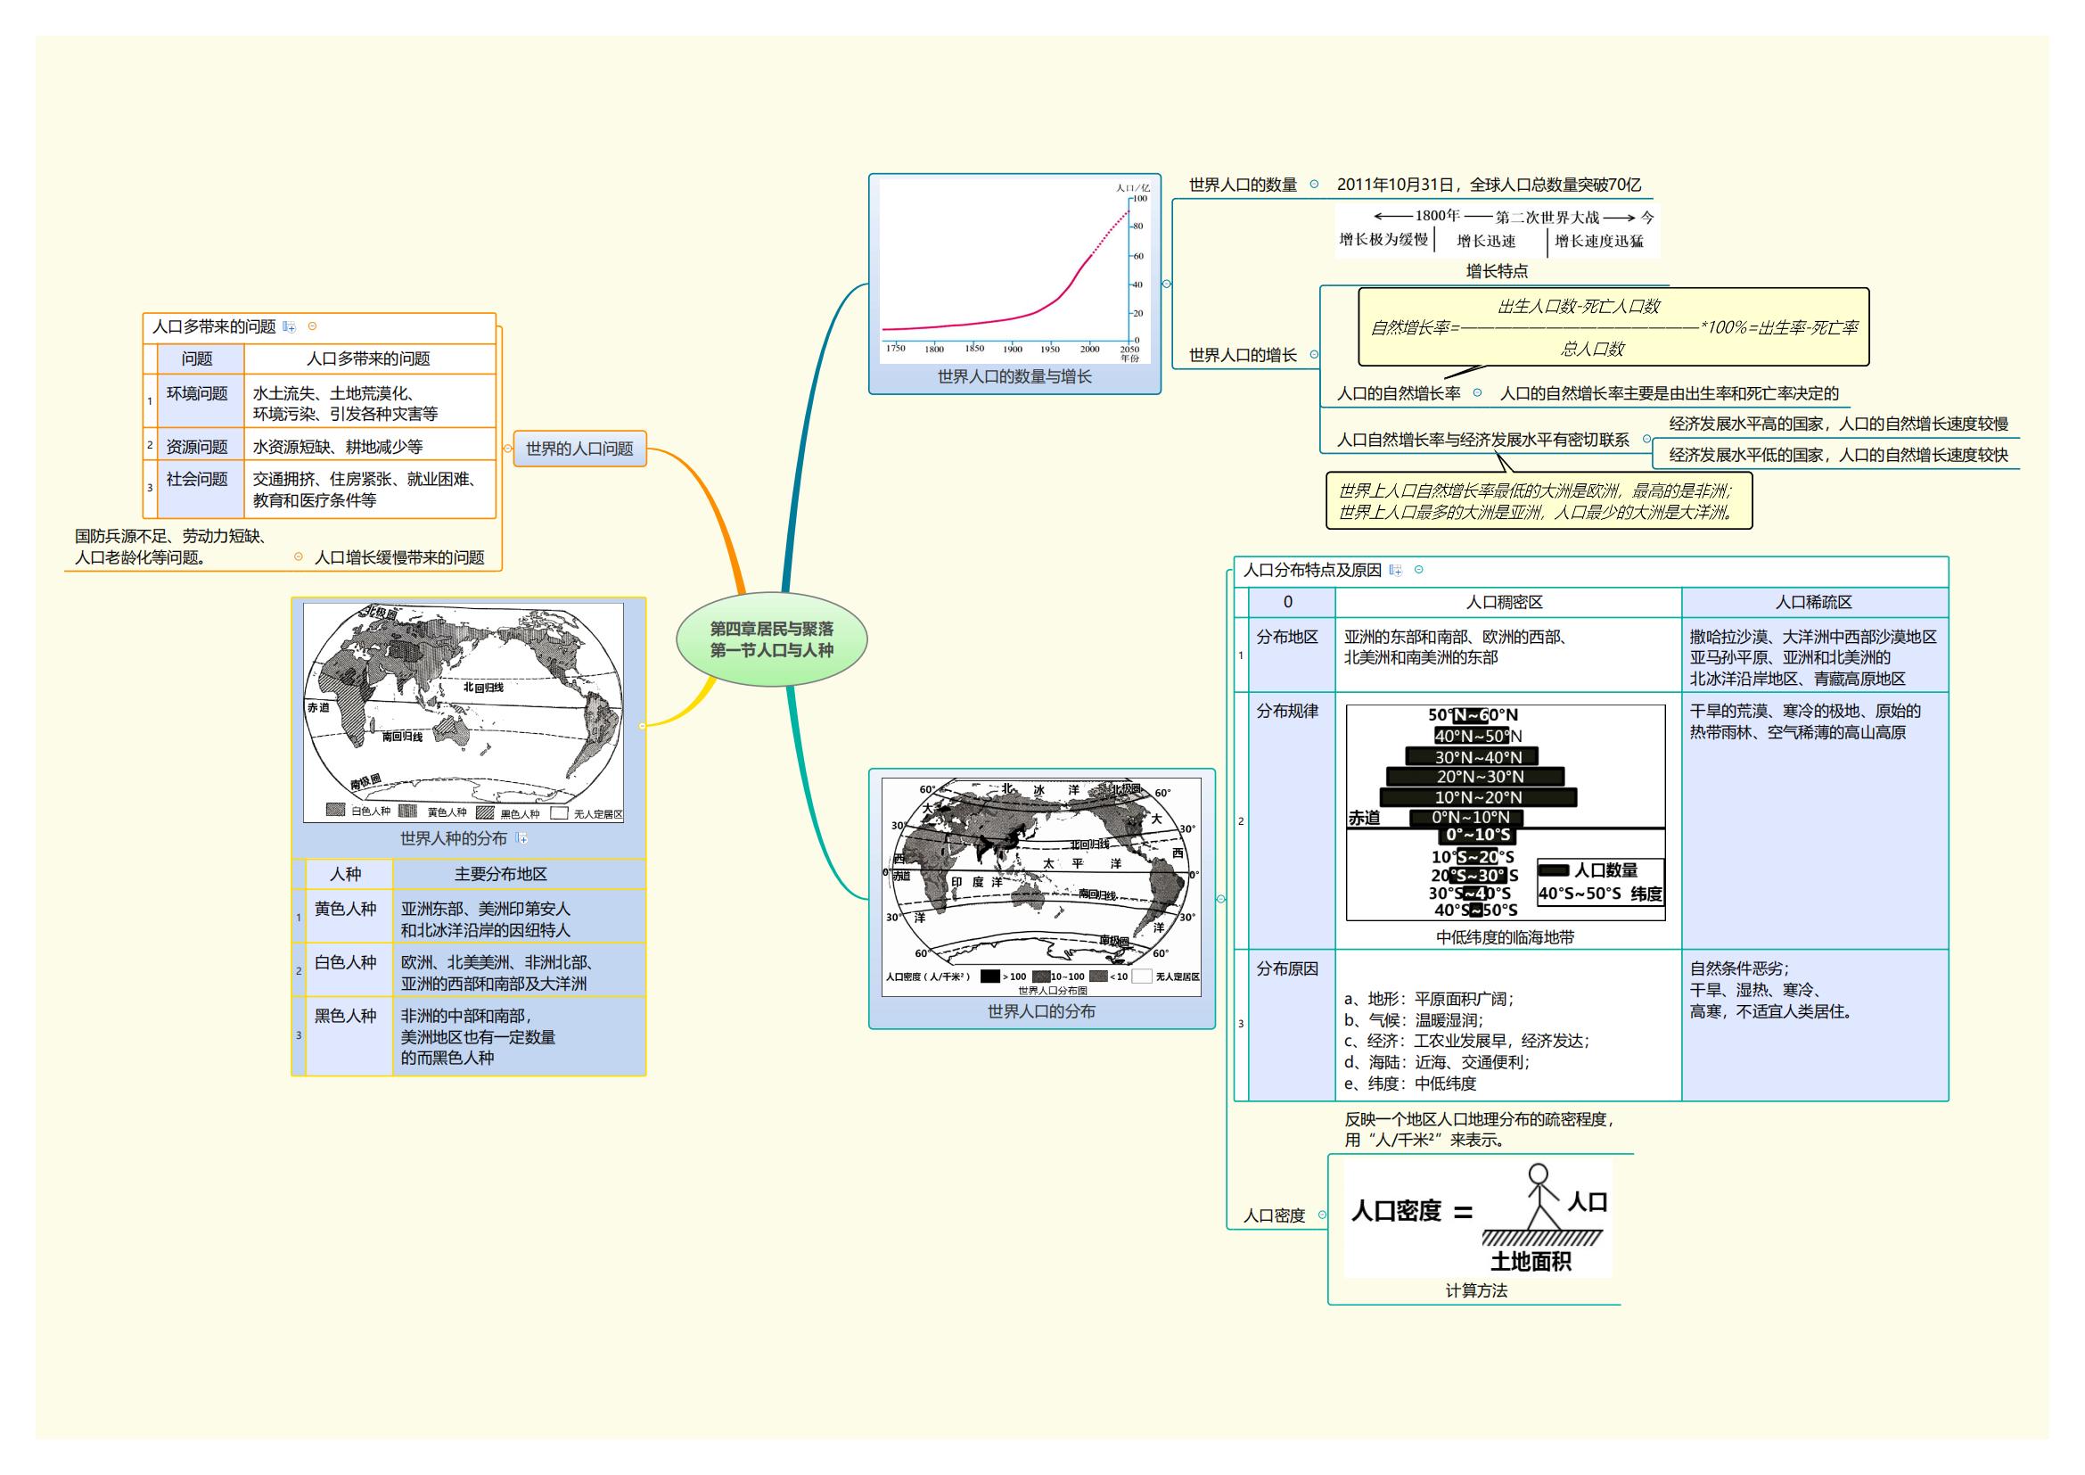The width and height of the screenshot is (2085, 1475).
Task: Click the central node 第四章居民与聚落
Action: click(771, 639)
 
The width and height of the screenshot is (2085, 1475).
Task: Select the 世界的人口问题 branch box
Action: click(579, 449)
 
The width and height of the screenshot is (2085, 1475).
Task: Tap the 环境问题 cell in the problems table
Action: click(197, 393)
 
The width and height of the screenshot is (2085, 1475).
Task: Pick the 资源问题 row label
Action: click(197, 447)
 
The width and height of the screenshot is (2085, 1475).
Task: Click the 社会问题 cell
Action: click(197, 480)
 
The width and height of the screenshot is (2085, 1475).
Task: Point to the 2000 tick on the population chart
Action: click(1089, 349)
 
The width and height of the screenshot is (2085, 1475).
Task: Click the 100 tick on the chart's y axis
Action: click(1138, 198)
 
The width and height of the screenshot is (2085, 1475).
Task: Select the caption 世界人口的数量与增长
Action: click(1014, 377)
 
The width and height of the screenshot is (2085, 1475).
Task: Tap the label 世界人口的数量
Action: click(1243, 185)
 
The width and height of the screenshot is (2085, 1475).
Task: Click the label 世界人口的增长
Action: click(1243, 355)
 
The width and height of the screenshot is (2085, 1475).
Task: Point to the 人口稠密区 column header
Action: click(1505, 602)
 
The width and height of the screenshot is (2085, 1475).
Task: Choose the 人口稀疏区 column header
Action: click(1813, 602)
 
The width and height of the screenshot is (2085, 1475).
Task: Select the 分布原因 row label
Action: click(1287, 969)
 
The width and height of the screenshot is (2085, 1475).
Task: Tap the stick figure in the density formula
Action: click(1540, 1197)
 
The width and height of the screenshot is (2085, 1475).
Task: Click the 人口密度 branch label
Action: click(1273, 1216)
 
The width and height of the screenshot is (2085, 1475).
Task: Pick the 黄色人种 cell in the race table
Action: click(345, 909)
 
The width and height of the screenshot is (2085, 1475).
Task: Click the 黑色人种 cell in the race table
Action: click(345, 1017)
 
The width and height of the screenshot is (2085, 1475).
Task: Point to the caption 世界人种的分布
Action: click(453, 839)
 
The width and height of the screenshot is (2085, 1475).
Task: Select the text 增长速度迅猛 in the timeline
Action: click(1598, 242)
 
